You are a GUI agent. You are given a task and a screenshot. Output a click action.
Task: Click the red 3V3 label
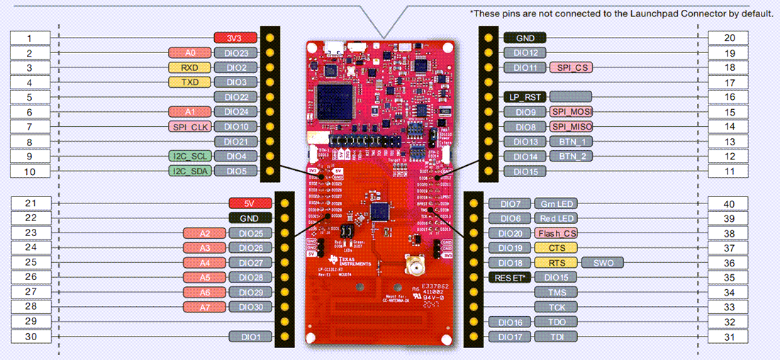[235, 38]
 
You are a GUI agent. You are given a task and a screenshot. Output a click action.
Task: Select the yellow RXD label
[188, 67]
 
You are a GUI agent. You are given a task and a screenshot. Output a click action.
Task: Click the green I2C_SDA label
[189, 171]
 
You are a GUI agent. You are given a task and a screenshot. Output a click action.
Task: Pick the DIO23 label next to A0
[235, 52]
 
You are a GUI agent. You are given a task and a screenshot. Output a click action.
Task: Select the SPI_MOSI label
[571, 112]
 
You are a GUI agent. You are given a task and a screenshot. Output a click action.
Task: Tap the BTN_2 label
[571, 157]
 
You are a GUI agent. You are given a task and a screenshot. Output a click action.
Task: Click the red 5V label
[249, 203]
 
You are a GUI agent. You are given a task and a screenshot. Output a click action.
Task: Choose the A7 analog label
[204, 307]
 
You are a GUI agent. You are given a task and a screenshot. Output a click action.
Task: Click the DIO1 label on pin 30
[250, 337]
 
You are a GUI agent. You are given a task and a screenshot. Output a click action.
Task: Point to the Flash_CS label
[557, 233]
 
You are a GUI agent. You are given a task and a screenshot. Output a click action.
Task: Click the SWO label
[602, 263]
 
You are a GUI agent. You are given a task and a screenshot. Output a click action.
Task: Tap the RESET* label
[510, 277]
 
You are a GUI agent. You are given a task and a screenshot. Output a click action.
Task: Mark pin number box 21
[30, 203]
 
